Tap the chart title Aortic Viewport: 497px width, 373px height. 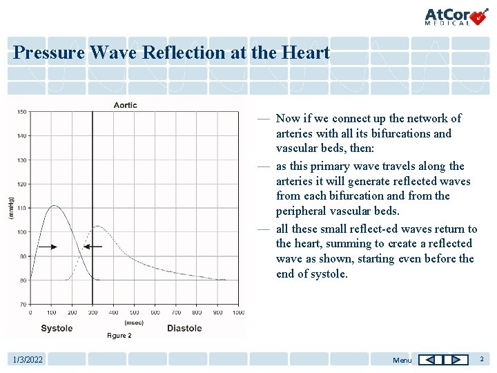(125, 105)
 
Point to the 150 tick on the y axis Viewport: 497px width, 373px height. (22, 112)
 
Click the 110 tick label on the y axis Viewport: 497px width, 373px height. (22, 208)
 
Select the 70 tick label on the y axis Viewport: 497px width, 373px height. (23, 304)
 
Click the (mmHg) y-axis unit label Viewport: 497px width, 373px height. (10, 208)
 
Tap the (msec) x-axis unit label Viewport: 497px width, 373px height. (134, 323)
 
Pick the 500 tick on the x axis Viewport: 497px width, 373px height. (134, 313)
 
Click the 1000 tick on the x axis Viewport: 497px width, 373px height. (237, 313)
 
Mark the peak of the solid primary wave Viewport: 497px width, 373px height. (54, 205)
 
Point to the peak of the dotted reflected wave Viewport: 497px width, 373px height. (98, 226)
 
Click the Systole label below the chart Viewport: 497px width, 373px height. (57, 328)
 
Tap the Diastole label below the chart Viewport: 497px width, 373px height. (184, 328)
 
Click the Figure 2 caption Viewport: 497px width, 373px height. (119, 336)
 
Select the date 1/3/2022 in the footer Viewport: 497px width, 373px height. (28, 360)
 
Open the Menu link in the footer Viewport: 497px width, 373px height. (402, 360)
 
